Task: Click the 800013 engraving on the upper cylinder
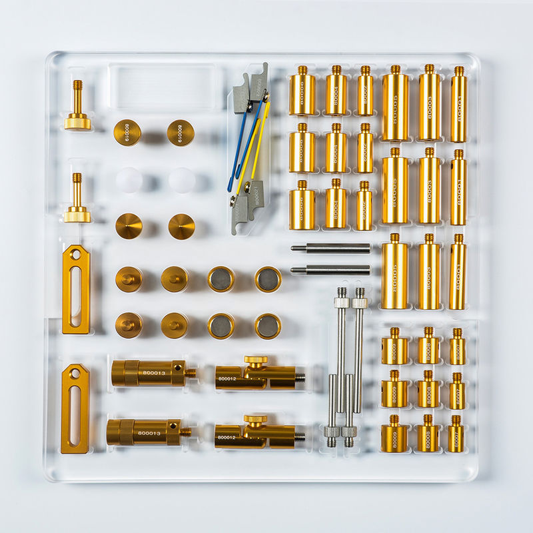coord(155,373)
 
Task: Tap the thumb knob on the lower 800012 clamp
coord(255,420)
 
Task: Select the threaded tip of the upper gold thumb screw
coord(77,87)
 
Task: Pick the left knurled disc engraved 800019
coord(127,132)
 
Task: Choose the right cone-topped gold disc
coord(181,227)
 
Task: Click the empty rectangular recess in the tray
coord(162,87)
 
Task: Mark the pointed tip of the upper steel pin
coord(294,248)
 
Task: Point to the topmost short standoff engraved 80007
coord(457,348)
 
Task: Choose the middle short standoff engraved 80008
coord(428,392)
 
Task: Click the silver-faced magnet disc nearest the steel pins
coord(268,279)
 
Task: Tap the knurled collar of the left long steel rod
coord(342,302)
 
